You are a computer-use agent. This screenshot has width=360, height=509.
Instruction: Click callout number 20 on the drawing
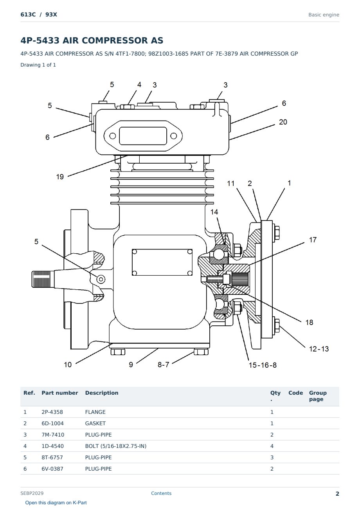(x=283, y=122)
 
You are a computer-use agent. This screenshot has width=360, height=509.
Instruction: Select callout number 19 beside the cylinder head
(x=60, y=177)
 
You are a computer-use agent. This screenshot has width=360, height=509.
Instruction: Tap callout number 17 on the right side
(x=313, y=240)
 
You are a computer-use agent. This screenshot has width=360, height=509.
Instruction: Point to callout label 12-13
(x=319, y=349)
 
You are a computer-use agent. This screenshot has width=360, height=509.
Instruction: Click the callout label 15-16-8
(x=263, y=365)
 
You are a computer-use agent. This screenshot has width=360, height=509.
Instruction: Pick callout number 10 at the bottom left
(x=68, y=365)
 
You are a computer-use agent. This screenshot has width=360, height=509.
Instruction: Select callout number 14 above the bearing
(x=214, y=212)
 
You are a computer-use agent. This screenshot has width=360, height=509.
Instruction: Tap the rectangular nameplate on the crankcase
(x=162, y=262)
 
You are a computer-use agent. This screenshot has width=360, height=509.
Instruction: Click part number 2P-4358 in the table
(x=52, y=412)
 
